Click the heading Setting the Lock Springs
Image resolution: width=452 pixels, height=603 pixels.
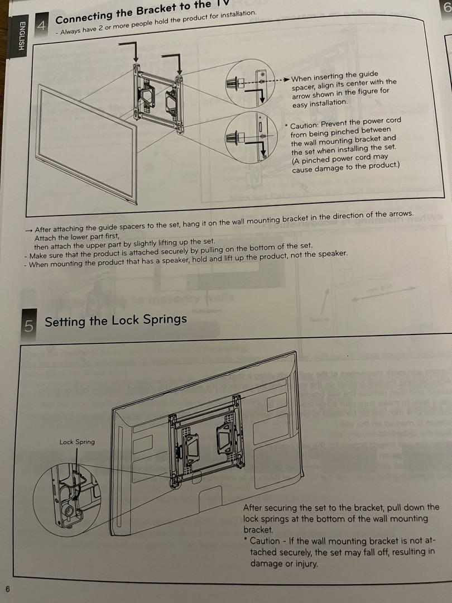click(x=116, y=320)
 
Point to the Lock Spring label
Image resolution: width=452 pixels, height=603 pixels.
click(x=77, y=442)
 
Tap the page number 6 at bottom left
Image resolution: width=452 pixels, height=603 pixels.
click(x=8, y=588)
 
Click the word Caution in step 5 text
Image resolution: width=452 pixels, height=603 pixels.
click(x=265, y=540)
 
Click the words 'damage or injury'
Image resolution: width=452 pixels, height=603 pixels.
click(x=283, y=563)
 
